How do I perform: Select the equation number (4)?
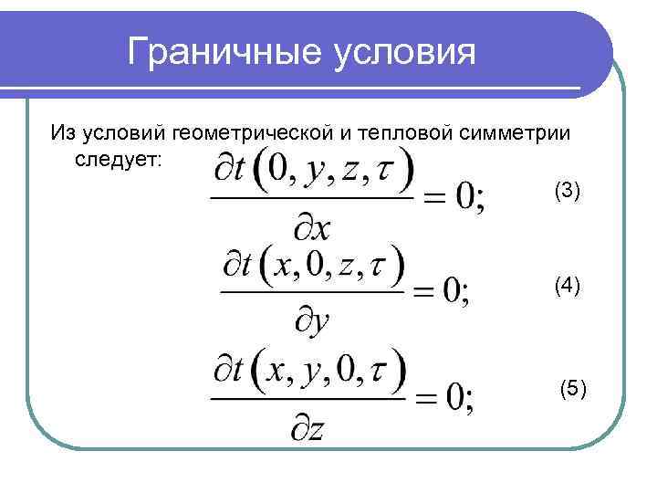567,286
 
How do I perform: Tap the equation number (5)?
573,390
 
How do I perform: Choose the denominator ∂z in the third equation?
308,425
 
